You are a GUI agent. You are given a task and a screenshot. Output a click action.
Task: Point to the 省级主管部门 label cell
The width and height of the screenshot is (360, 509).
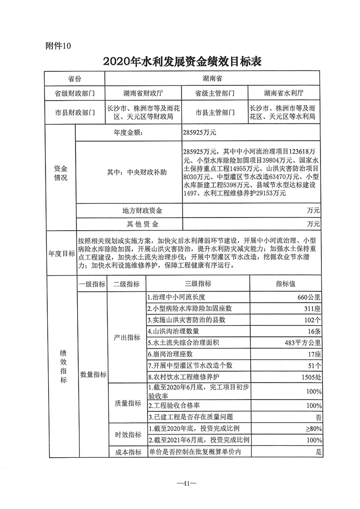(214, 94)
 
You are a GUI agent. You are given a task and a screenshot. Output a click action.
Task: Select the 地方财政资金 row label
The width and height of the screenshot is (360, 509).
(143, 211)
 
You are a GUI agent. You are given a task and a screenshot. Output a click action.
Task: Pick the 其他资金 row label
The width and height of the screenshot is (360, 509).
(143, 224)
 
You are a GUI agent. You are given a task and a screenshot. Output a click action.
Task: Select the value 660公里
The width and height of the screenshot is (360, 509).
(308, 297)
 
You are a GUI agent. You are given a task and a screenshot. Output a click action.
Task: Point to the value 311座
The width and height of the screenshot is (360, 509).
(313, 309)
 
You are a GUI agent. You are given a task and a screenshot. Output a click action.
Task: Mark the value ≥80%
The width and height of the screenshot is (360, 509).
(314, 429)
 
